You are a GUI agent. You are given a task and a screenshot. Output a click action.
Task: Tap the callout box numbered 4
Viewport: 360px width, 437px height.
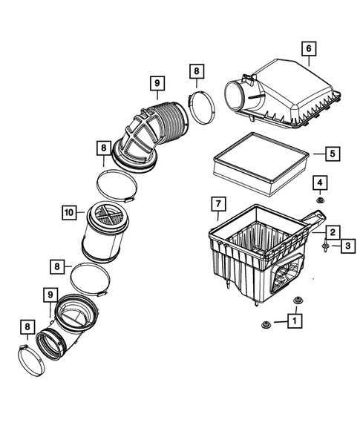pos(318,183)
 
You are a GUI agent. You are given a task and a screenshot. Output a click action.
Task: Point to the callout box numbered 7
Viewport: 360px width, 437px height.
pos(217,203)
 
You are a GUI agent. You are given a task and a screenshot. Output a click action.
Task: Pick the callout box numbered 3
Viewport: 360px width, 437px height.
pos(346,245)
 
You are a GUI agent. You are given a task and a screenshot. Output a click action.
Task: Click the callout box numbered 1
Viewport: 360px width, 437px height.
pos(295,321)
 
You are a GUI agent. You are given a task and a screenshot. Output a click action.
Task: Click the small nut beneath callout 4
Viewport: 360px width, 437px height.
pos(318,200)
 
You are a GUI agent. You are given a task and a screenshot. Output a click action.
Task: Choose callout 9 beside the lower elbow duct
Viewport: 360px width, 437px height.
pos(50,295)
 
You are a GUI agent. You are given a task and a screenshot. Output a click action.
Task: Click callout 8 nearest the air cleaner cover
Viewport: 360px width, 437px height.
pos(196,71)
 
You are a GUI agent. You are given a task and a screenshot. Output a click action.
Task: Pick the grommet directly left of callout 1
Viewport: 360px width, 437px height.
pos(265,324)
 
